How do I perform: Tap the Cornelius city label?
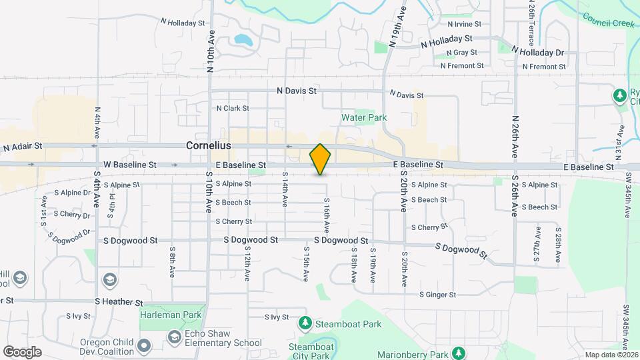click(x=208, y=145)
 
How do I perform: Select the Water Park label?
click(x=364, y=117)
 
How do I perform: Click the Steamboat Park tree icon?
click(x=305, y=324)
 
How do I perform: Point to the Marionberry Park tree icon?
click(x=458, y=352)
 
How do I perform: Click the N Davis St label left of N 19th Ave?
click(x=297, y=90)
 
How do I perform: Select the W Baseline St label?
click(x=129, y=164)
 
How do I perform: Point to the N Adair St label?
click(x=22, y=145)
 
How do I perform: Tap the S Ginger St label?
click(x=437, y=294)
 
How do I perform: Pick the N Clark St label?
click(x=232, y=108)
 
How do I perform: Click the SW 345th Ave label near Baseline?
click(x=628, y=195)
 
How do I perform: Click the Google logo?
click(x=22, y=351)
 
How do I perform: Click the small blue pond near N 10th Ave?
click(x=243, y=41)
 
